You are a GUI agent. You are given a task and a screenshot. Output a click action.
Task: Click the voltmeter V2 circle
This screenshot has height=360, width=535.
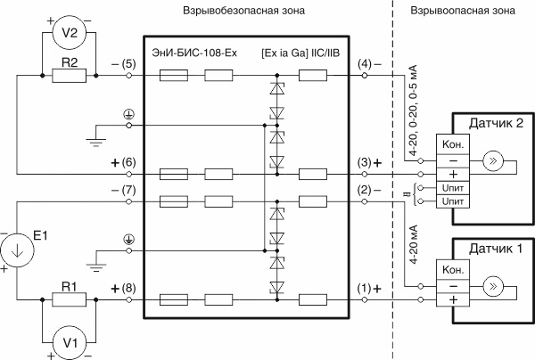(x=68, y=33)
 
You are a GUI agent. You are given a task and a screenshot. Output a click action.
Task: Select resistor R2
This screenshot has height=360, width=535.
(x=68, y=77)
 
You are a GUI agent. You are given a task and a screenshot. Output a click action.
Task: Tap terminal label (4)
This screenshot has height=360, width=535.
(x=368, y=65)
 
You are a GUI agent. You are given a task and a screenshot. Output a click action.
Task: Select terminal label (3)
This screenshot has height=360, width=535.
(x=368, y=163)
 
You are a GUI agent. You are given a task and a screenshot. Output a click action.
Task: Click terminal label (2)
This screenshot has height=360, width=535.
(x=368, y=191)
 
